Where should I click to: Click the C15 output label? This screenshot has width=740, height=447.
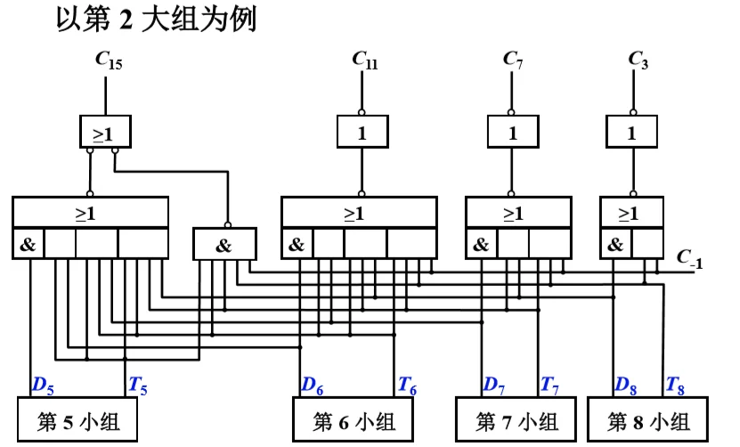(x=110, y=61)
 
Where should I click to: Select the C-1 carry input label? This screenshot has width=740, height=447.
(x=689, y=261)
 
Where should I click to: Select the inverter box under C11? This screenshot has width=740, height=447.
(x=362, y=134)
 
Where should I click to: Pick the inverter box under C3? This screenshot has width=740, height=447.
(x=632, y=134)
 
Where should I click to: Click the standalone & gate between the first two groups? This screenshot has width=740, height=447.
(x=224, y=245)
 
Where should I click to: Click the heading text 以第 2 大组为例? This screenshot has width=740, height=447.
(x=157, y=20)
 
